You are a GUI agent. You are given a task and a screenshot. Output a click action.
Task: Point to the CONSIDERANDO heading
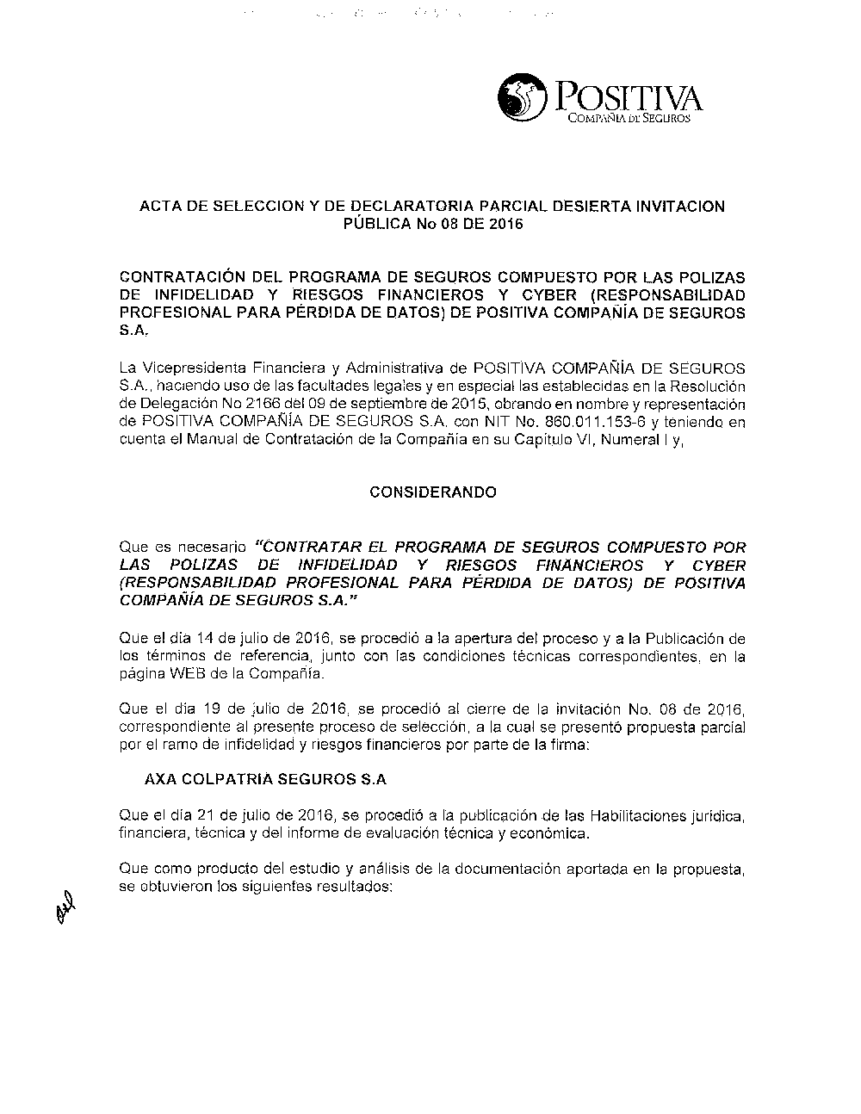click(432, 492)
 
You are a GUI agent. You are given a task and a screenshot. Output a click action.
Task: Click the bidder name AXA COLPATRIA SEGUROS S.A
click(265, 780)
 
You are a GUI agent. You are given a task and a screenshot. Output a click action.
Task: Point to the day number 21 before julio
click(207, 814)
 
